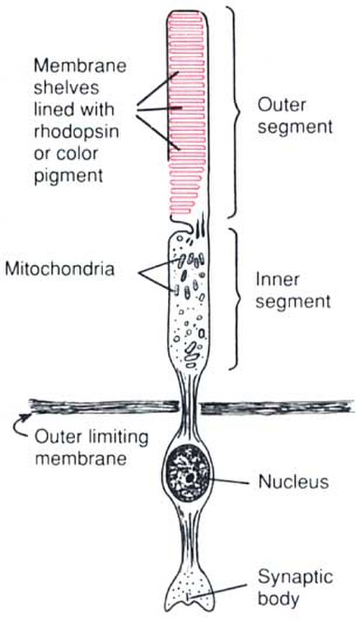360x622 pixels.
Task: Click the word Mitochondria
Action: tap(59, 269)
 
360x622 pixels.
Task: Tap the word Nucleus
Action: tap(293, 482)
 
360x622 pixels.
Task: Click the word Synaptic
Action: tap(295, 577)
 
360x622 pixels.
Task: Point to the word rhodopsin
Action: tap(76, 131)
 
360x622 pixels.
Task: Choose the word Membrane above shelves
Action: tap(80, 65)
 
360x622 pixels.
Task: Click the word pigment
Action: tap(68, 175)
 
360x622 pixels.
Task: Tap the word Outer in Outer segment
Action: tap(282, 106)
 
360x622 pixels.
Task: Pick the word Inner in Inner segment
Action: tap(277, 280)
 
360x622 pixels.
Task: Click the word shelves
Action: tap(66, 87)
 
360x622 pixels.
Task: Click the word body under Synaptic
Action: tap(278, 599)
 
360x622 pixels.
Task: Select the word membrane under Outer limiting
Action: tap(81, 459)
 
